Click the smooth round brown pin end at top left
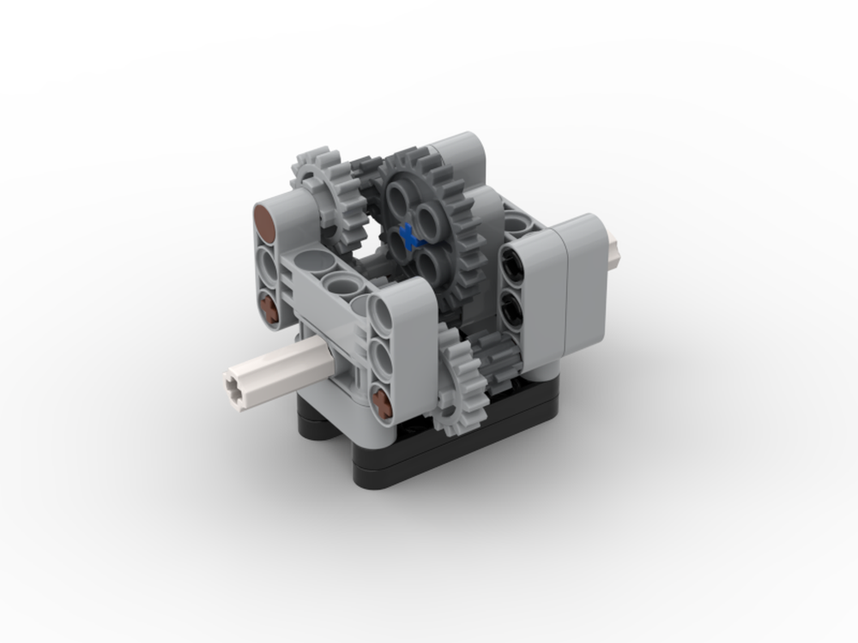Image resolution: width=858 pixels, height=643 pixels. (x=267, y=225)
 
